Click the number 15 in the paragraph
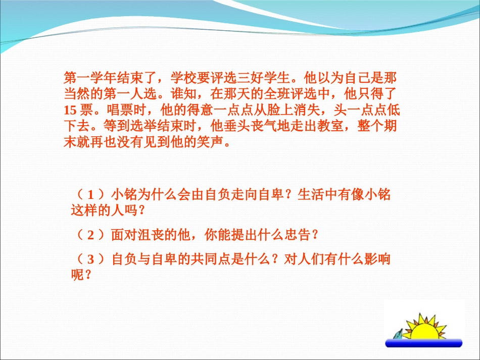pyautogui.click(x=70, y=110)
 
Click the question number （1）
pyautogui.click(x=91, y=194)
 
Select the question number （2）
pyautogui.click(x=91, y=235)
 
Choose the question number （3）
pyautogui.click(x=91, y=260)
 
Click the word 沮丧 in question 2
pyautogui.click(x=147, y=235)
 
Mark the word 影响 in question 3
pyautogui.click(x=379, y=260)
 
